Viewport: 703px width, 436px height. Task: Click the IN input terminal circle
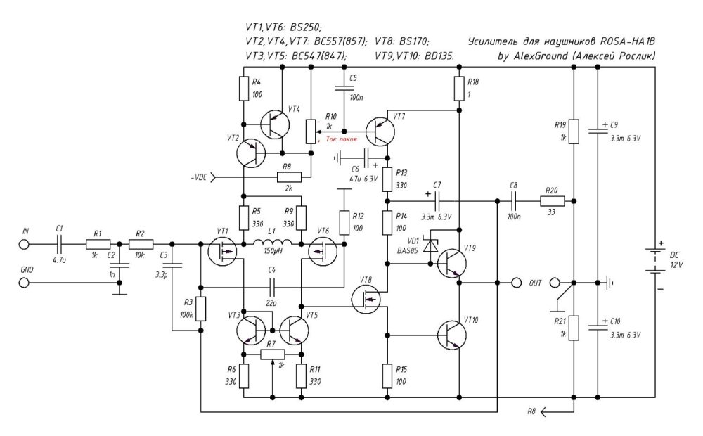coord(24,244)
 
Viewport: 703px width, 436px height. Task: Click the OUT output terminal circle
coord(517,283)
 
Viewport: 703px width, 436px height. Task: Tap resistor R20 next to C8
coord(551,201)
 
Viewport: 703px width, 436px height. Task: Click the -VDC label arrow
coord(215,177)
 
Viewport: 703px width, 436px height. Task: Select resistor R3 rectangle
coord(200,309)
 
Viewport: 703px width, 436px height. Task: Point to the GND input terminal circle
coord(24,283)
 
